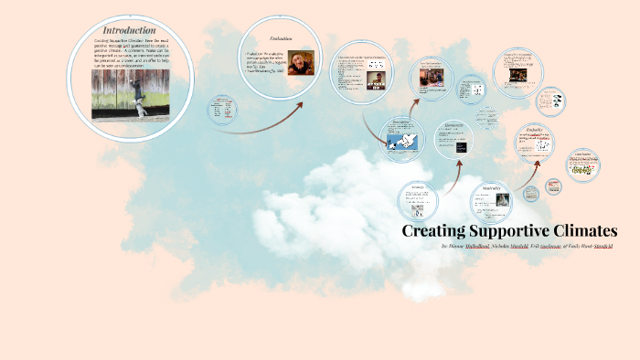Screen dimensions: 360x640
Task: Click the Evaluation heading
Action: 280,38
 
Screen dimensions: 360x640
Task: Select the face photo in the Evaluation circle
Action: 302,61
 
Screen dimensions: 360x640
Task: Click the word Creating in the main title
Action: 434,231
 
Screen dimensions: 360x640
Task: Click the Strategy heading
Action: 418,187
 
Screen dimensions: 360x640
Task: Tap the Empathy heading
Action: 534,131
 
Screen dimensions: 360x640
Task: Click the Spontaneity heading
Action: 453,124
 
